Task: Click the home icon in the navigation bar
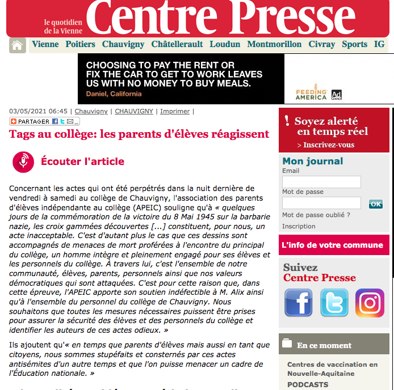18,45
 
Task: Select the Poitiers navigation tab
80,44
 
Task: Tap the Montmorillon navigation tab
274,44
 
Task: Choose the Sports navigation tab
354,44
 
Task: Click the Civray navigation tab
321,44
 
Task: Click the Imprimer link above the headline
175,112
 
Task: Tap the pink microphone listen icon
23,162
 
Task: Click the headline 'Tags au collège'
139,134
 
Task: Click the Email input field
321,182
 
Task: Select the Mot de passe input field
321,203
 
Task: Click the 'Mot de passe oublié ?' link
316,215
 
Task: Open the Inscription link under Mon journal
299,226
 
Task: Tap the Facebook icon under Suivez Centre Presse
298,303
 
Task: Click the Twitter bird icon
334,303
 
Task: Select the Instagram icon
370,303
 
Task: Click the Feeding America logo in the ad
311,94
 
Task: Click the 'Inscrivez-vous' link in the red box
328,145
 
